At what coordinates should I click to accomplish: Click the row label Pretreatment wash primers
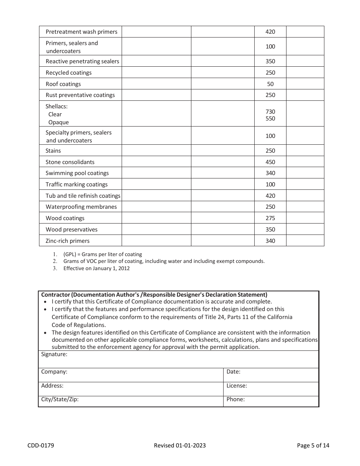(81, 32)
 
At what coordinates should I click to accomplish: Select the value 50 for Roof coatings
(270, 84)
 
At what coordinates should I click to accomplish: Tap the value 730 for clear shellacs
(270, 112)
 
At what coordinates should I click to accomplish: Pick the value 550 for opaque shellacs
(270, 119)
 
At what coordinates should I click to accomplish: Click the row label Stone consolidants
(70, 162)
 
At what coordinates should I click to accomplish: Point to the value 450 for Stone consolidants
(270, 162)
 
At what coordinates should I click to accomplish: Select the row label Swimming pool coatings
(77, 173)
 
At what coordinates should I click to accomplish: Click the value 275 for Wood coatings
(270, 218)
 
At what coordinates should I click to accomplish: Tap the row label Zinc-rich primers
(67, 241)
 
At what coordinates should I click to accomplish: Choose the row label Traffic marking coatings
(77, 185)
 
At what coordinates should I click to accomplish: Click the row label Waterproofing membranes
(81, 207)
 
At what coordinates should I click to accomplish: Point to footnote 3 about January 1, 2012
(96, 268)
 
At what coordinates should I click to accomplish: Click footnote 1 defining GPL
(102, 255)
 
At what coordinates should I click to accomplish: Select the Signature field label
(54, 355)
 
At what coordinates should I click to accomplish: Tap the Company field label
(54, 372)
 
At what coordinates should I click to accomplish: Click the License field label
(236, 386)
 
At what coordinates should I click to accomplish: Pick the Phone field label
(235, 399)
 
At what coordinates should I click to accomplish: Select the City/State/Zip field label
(60, 399)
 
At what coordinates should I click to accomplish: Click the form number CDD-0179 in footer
(41, 446)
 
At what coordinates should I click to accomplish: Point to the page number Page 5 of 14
(313, 446)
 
